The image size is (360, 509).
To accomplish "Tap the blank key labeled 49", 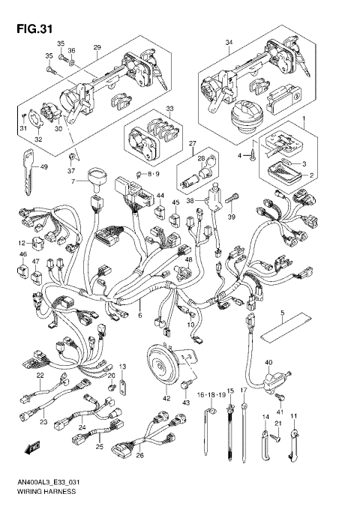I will (x=28, y=169).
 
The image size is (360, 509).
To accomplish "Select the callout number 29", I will (x=96, y=47).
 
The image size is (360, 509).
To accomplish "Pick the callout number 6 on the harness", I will (x=139, y=316).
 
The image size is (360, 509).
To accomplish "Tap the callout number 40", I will (x=268, y=362).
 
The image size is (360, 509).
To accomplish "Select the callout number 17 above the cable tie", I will (x=243, y=392).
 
